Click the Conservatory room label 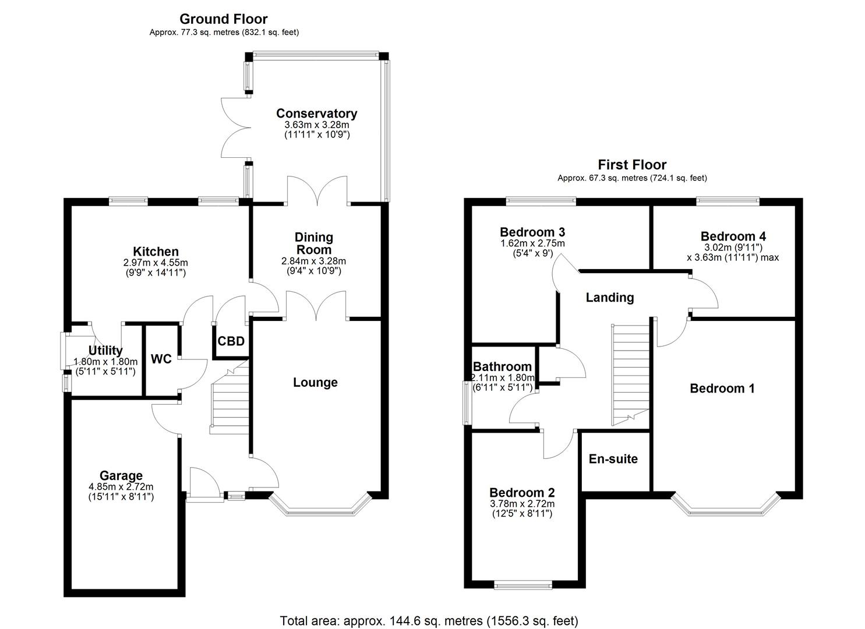(316, 113)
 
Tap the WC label (161, 359)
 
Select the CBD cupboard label (231, 341)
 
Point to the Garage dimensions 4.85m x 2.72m (121, 487)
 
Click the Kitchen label (156, 252)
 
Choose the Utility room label (105, 350)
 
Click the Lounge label (315, 383)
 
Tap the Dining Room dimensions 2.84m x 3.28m (313, 261)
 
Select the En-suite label (613, 459)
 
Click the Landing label (609, 298)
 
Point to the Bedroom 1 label (722, 388)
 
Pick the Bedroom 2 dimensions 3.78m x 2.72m (522, 504)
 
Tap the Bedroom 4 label (733, 236)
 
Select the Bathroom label (502, 366)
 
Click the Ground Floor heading (224, 19)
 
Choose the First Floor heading (632, 165)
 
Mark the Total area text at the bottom (429, 620)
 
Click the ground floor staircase (230, 402)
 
